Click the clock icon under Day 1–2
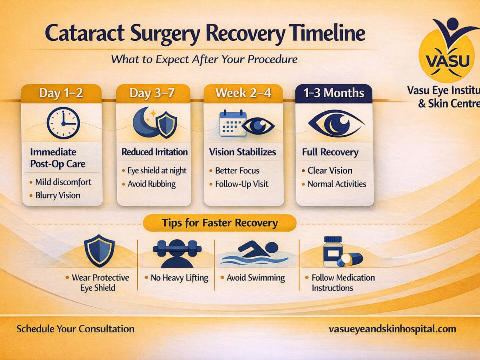tap(63, 123)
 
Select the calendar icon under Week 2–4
tap(233, 123)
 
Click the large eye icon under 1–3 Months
tap(336, 123)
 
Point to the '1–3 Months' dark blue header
tap(334, 93)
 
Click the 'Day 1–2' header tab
tap(61, 93)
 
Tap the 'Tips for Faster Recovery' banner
tap(220, 223)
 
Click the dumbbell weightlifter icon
tap(177, 253)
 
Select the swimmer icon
tap(254, 253)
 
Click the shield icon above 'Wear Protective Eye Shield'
tap(99, 250)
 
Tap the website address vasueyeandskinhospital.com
tap(392, 329)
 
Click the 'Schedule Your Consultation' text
tap(75, 329)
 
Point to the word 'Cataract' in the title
tap(85, 33)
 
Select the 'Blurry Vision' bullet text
tap(58, 195)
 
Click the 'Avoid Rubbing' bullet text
tap(152, 184)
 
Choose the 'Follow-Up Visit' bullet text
tap(242, 184)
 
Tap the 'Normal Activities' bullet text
tap(337, 184)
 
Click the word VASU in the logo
tap(448, 60)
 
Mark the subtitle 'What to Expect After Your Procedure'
tap(204, 59)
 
